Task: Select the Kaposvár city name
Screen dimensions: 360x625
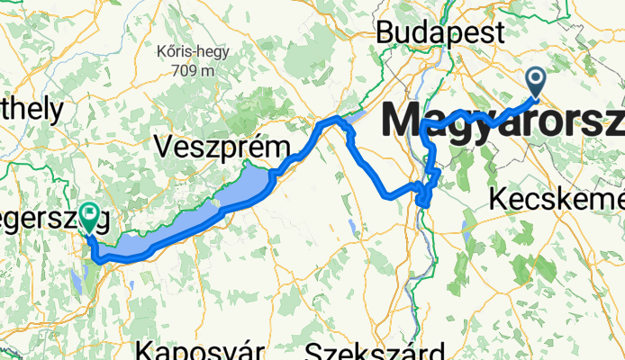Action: [201, 351]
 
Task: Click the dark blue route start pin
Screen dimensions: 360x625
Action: [535, 84]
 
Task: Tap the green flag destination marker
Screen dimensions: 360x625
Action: [90, 216]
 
